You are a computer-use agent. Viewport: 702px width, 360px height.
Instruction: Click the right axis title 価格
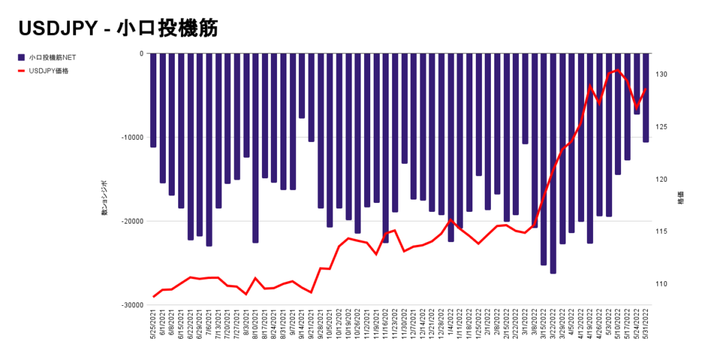coord(681,198)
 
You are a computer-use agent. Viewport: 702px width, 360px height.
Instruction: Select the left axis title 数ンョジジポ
coord(105,199)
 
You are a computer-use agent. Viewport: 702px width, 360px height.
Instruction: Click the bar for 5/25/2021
coord(154,100)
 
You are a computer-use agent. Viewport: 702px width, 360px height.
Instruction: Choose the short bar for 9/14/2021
coord(302,86)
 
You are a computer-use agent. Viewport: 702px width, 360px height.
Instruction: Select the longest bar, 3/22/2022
coord(553,163)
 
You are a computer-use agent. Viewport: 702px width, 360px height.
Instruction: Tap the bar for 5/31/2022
coord(646,97)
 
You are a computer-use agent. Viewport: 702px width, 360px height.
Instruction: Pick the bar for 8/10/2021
coord(256,148)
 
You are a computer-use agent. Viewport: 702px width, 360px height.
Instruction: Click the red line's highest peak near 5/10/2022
coord(618,70)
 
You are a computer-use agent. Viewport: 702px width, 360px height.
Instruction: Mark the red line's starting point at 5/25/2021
coord(154,297)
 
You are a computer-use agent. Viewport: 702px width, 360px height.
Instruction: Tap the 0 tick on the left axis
coord(141,53)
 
